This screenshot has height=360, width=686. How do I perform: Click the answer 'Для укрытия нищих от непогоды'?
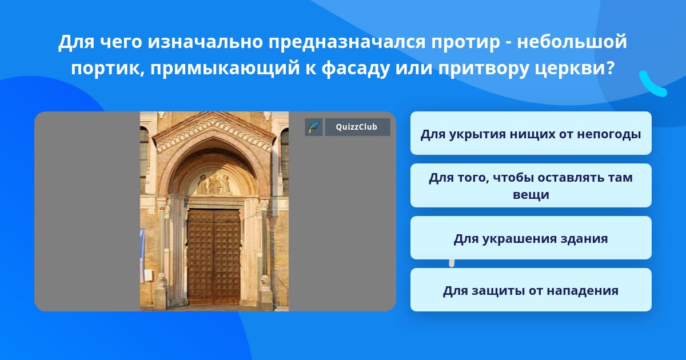pyautogui.click(x=531, y=133)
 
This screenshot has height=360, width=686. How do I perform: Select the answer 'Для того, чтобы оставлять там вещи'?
pyautogui.click(x=531, y=186)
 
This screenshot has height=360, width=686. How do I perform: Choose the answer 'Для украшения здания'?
pyautogui.click(x=531, y=238)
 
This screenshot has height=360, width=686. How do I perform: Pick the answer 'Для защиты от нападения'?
pyautogui.click(x=531, y=290)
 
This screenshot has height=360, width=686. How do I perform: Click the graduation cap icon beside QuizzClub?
pyautogui.click(x=314, y=127)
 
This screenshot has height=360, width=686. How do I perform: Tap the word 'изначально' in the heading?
pyautogui.click(x=205, y=42)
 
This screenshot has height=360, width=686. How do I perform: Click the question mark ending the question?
pyautogui.click(x=611, y=67)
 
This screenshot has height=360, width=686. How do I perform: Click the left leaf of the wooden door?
pyautogui.click(x=201, y=257)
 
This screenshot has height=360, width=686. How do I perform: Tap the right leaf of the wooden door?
pyautogui.click(x=227, y=257)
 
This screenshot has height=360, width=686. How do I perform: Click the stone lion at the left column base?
pyautogui.click(x=162, y=280)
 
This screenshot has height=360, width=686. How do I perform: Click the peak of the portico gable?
pyautogui.click(x=213, y=113)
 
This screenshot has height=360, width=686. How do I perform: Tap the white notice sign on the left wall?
pyautogui.click(x=148, y=275)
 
